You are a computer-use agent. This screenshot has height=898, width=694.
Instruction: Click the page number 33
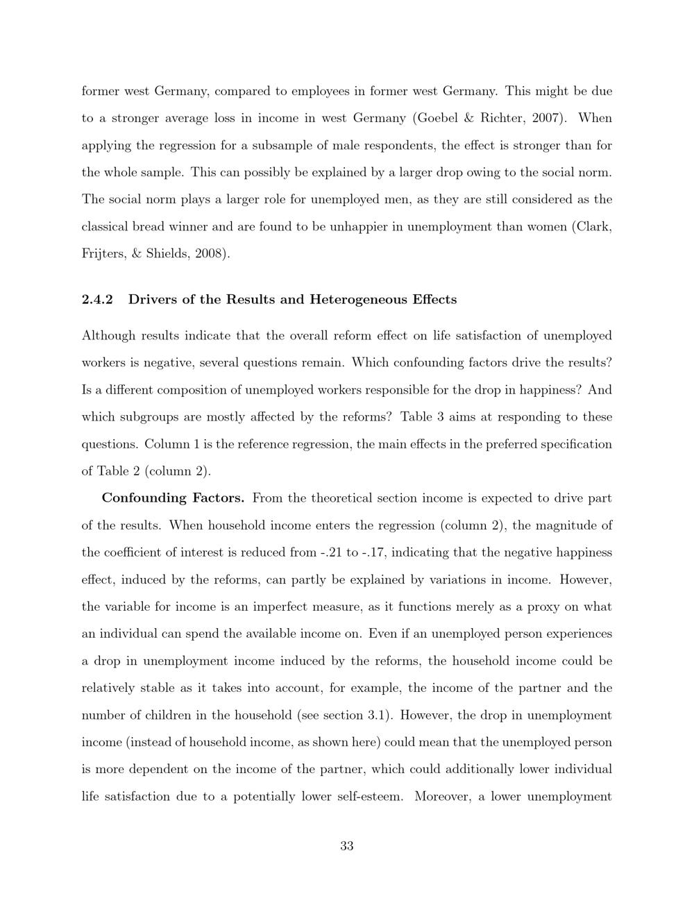tap(347, 846)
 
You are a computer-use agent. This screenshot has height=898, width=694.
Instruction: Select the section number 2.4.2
tap(97, 300)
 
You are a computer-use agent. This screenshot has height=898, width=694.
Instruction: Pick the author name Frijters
tap(101, 253)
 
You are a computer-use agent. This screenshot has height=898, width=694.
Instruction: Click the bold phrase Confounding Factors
tap(173, 498)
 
